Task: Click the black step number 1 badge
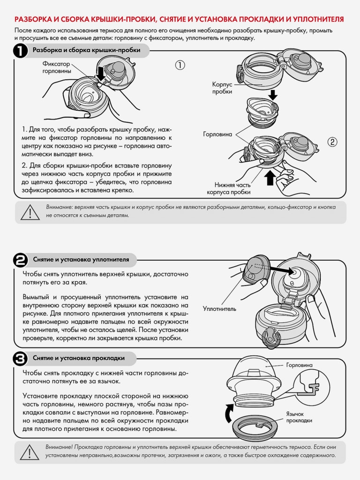(20, 51)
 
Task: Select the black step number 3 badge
(20, 359)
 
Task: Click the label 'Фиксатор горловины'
(57, 67)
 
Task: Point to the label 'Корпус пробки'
(222, 88)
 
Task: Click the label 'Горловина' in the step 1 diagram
(217, 134)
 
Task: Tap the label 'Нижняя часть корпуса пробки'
(229, 188)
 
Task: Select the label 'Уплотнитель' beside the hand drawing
(219, 308)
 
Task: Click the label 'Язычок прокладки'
(299, 417)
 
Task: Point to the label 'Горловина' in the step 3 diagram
(300, 365)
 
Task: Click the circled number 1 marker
(180, 65)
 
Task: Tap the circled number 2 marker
(332, 142)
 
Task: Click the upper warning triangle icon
(30, 212)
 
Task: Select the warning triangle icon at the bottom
(30, 452)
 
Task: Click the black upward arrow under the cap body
(270, 178)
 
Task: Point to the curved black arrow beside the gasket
(228, 413)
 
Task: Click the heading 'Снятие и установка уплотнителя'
(81, 260)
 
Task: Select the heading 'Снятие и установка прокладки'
(79, 358)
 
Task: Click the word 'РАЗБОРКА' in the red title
(33, 19)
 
